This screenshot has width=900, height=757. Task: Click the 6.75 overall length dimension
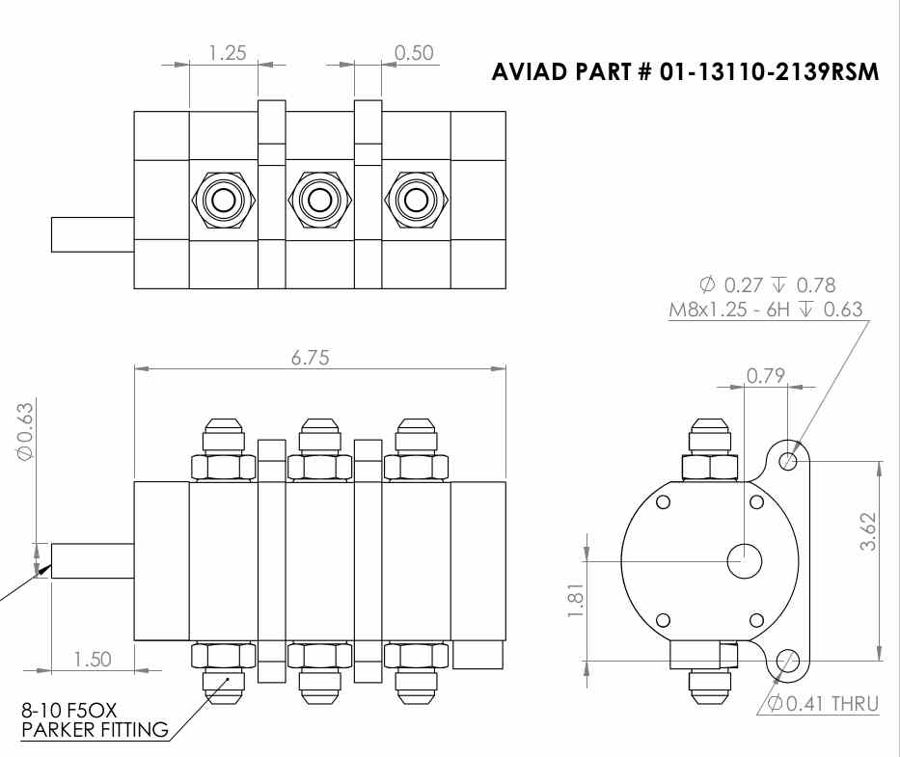tap(310, 358)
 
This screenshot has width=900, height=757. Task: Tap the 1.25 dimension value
tap(227, 53)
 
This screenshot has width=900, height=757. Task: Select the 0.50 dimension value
tap(414, 53)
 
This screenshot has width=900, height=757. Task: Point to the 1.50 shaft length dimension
tap(93, 659)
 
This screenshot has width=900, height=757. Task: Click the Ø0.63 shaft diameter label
tap(26, 431)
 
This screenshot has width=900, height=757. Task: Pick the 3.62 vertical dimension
tap(868, 531)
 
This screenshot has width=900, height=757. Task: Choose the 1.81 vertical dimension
tap(575, 601)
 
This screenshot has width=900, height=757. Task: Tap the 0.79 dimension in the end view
tap(765, 376)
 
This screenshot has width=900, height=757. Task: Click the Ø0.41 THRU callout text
tap(823, 703)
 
